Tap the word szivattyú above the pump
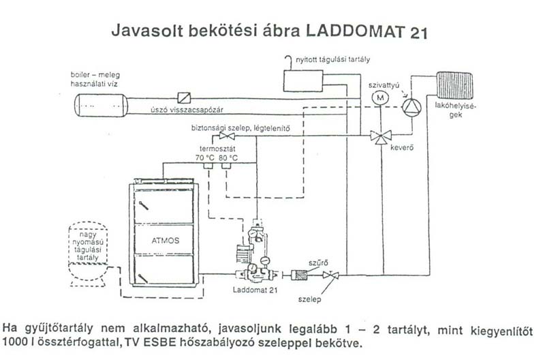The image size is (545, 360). [383, 84]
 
